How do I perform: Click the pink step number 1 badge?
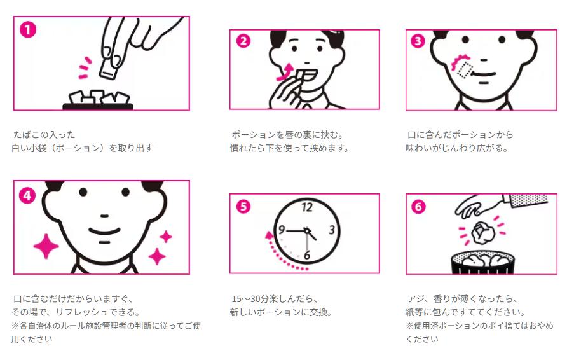coord(28,30)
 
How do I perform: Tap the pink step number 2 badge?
coord(243,41)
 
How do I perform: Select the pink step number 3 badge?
coord(418,41)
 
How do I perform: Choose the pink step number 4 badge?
coord(27,195)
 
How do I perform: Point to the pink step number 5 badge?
coord(243,207)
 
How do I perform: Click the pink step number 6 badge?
coord(418,207)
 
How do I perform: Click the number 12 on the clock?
coord(307,207)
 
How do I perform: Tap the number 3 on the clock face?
coord(332,230)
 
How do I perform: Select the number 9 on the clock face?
coord(282,230)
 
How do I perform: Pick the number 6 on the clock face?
coord(307,254)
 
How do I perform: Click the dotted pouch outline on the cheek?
coord(465,70)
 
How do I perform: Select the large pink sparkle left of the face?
coord(46,246)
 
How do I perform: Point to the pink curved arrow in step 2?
coord(286,72)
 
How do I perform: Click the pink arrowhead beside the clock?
coord(270,235)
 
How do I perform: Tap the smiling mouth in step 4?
coord(105,231)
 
